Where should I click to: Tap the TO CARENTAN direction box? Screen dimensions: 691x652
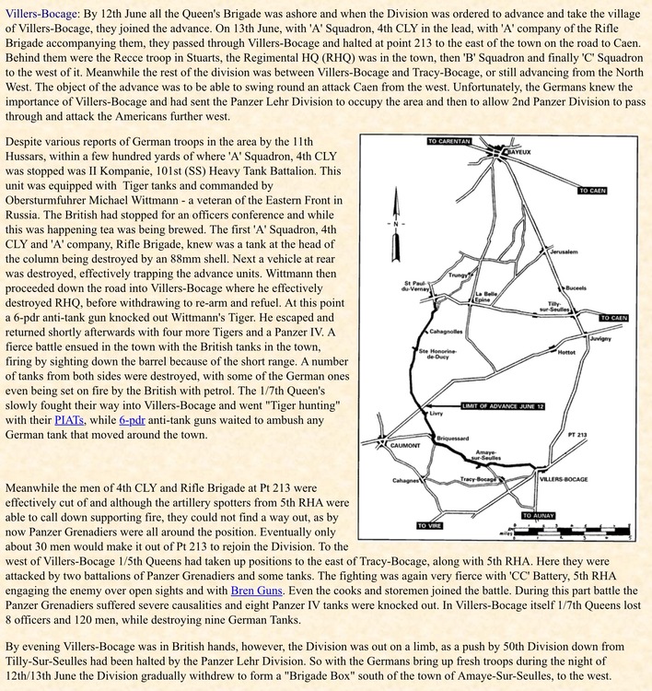tap(448, 142)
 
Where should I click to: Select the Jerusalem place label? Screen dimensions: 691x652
tap(564, 252)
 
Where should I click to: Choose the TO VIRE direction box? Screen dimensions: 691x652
tap(428, 526)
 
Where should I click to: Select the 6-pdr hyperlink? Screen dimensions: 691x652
tap(133, 419)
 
